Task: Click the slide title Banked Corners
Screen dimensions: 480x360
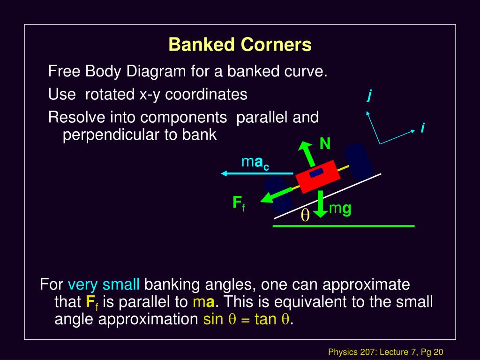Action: pyautogui.click(x=240, y=45)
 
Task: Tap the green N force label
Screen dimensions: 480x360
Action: pyautogui.click(x=325, y=144)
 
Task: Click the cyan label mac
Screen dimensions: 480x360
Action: pyautogui.click(x=255, y=163)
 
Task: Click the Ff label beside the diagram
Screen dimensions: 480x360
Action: pyautogui.click(x=239, y=203)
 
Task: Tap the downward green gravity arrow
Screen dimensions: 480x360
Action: pyautogui.click(x=320, y=204)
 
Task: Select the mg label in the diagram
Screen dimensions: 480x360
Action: pyautogui.click(x=340, y=209)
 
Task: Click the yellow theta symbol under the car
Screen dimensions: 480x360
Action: pyautogui.click(x=305, y=215)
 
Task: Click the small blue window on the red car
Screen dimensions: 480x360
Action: pyautogui.click(x=316, y=172)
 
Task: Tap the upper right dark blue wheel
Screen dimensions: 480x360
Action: pyautogui.click(x=358, y=160)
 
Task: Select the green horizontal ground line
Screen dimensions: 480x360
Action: pyautogui.click(x=344, y=226)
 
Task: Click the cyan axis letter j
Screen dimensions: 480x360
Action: pyautogui.click(x=369, y=96)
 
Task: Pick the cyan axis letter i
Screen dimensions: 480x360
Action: pyautogui.click(x=422, y=127)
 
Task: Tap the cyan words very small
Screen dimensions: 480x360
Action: pyautogui.click(x=104, y=285)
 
